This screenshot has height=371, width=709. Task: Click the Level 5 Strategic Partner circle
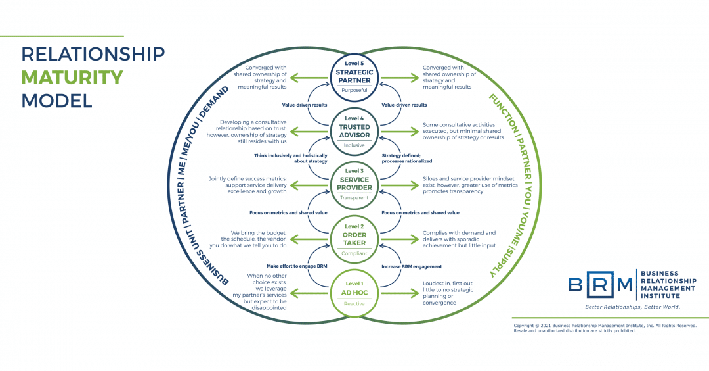click(x=354, y=77)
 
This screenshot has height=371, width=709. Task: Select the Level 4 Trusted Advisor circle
click(x=354, y=131)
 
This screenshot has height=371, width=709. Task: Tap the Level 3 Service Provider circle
click(x=354, y=185)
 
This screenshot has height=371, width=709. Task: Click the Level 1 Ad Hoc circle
click(x=354, y=293)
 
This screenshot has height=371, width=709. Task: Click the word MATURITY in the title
click(x=72, y=77)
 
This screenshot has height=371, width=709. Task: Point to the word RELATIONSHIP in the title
click(x=93, y=53)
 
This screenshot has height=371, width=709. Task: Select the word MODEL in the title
click(x=56, y=101)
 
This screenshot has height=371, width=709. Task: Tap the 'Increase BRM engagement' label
click(x=412, y=266)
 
